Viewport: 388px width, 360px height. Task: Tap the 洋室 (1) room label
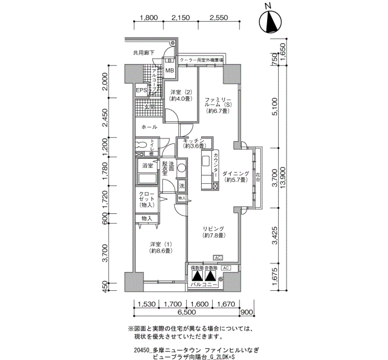point(160,248)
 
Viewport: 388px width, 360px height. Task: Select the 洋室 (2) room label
point(181,95)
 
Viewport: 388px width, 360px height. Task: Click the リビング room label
point(213,232)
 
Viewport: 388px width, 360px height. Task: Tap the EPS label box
point(141,90)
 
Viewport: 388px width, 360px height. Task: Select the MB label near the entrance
point(169,70)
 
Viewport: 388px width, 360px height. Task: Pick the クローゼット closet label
point(147,200)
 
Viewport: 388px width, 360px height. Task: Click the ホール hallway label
point(149,127)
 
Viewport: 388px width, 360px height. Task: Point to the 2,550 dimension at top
point(218,18)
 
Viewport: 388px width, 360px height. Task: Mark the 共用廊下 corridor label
point(143,53)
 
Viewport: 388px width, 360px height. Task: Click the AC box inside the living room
point(218,258)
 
